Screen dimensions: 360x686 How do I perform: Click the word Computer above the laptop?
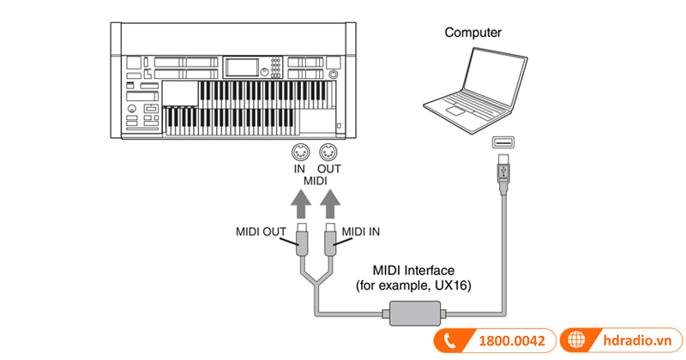click(472, 33)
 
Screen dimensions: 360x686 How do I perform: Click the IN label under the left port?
click(298, 169)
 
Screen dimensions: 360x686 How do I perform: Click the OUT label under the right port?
click(328, 169)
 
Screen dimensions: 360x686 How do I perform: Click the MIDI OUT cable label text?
click(262, 231)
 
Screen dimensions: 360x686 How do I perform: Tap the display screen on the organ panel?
click(242, 67)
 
